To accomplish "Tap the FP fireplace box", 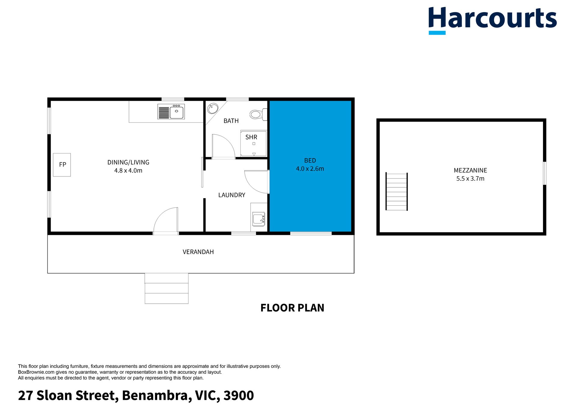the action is tap(62, 165).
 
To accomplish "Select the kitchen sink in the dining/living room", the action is tap(171, 112).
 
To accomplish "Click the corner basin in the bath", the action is tap(213, 108).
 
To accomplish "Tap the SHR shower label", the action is tap(251, 137).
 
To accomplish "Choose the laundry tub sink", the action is tap(258, 219).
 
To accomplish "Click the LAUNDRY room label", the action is tap(232, 195).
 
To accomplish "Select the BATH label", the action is tap(231, 121).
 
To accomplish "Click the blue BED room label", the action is tap(310, 161).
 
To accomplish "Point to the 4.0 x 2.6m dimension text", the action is tap(310, 169).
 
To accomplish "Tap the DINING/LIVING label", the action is tap(128, 162).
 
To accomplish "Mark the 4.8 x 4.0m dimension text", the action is tap(128, 170).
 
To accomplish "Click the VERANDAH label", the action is tap(198, 252).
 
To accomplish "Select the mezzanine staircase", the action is tap(397, 192).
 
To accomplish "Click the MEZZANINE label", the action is tap(470, 170).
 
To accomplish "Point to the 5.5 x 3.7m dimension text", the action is tap(470, 179).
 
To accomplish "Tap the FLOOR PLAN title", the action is tap(292, 308).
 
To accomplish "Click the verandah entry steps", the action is tap(166, 288).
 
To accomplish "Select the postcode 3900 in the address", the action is tap(239, 395).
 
